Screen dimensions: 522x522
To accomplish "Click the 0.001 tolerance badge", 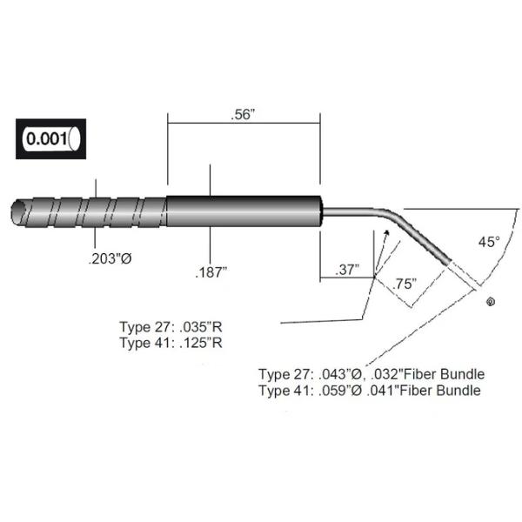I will coord(51,138).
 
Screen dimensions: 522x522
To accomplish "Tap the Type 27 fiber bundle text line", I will coord(371,374).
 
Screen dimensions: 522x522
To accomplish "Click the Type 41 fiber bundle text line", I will coord(370,391).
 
